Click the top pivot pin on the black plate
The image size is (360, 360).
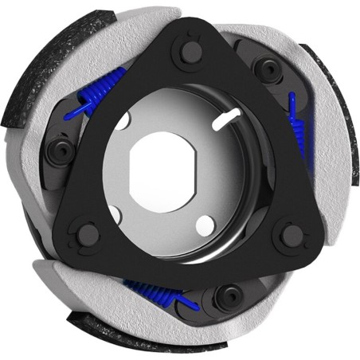tap(191, 52)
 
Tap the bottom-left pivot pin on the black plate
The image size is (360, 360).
tap(85, 233)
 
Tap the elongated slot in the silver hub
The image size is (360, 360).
tap(228, 117)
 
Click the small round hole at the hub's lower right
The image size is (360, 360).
tap(204, 222)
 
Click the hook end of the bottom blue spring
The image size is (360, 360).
tap(189, 300)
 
